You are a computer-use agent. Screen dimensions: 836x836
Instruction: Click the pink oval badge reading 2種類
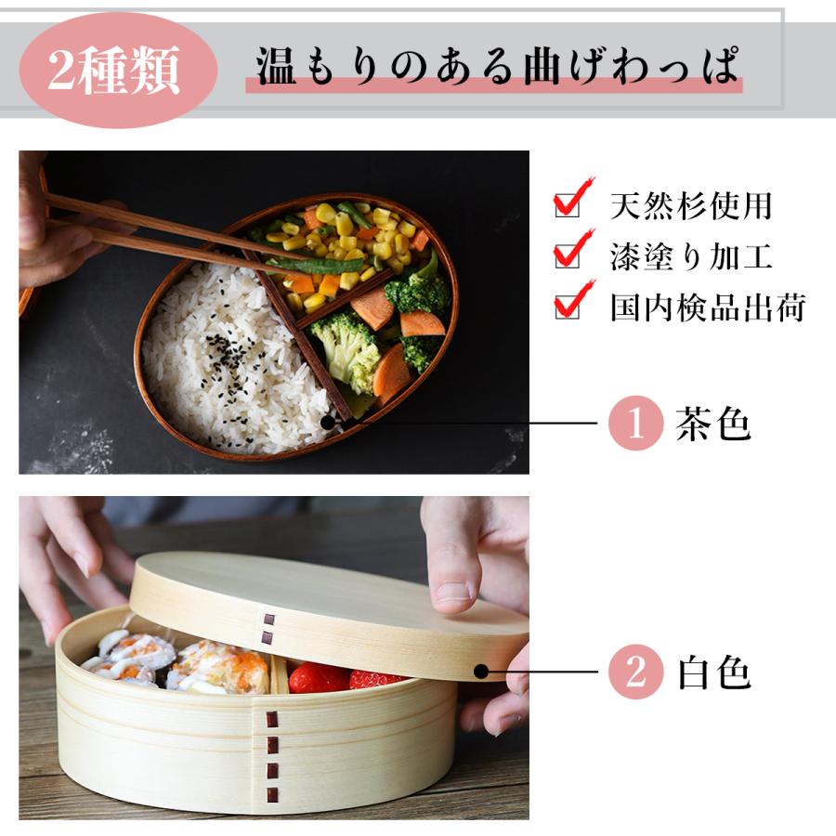pyautogui.click(x=118, y=70)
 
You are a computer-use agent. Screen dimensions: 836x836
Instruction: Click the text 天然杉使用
pyautogui.click(x=691, y=206)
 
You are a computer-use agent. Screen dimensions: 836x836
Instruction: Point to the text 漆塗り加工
pyautogui.click(x=691, y=256)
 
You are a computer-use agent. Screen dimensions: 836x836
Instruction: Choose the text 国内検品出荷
pyautogui.click(x=708, y=307)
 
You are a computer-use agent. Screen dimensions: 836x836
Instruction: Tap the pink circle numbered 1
pyautogui.click(x=636, y=424)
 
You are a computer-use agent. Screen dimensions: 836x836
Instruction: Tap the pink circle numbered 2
pyautogui.click(x=636, y=672)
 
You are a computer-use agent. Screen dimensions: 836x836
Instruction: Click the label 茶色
pyautogui.click(x=712, y=424)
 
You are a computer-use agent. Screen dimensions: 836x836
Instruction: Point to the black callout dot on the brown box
pyautogui.click(x=328, y=424)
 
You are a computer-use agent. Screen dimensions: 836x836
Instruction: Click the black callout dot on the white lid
pyautogui.click(x=481, y=672)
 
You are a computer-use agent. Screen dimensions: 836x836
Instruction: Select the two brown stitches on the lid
pyautogui.click(x=268, y=629)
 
